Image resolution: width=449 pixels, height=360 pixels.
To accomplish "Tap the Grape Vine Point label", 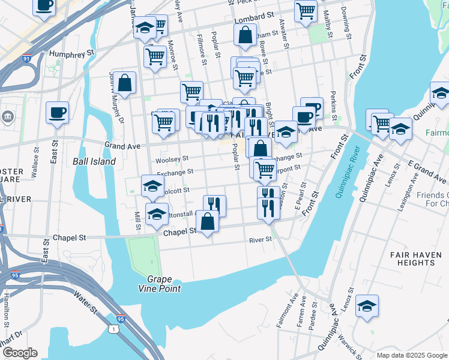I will (164, 284).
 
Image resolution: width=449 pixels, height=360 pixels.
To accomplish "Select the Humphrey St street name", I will (73, 53).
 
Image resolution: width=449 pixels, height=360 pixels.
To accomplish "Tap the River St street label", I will (261, 239).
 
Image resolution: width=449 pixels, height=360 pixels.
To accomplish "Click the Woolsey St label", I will (172, 160).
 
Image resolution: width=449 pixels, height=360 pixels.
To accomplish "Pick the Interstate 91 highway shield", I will (25, 59).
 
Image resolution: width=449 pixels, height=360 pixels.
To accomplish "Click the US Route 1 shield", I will (113, 329).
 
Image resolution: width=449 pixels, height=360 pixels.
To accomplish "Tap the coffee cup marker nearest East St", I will (58, 112).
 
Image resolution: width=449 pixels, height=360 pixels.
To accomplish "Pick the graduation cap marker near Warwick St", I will (367, 305).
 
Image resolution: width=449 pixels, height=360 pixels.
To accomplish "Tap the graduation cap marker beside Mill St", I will (157, 214).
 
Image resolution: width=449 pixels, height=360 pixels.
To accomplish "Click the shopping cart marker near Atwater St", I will (306, 10).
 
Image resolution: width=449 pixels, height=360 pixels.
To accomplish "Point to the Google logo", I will (20, 353).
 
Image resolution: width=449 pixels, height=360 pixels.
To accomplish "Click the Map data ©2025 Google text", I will (411, 355).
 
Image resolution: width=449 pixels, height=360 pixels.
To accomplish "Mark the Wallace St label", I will (34, 162).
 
